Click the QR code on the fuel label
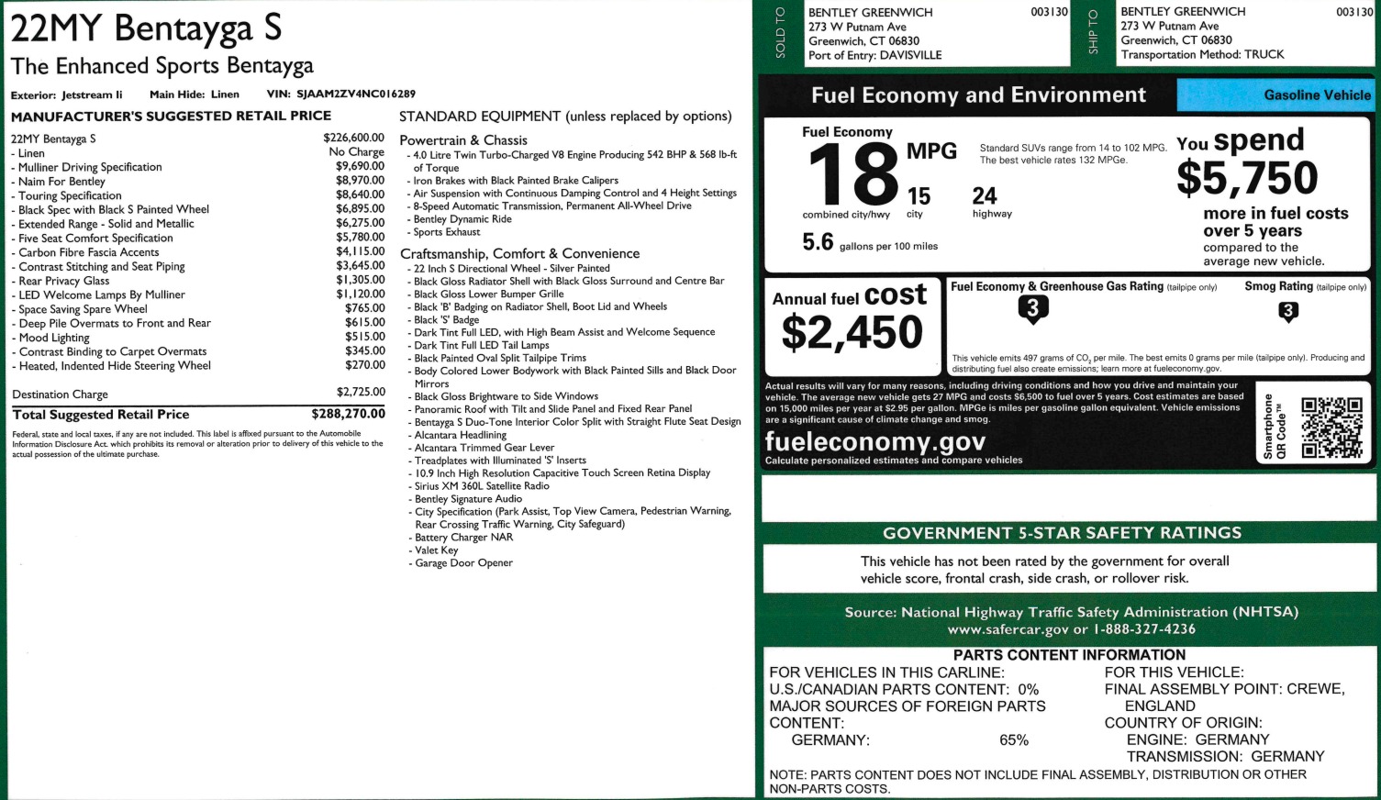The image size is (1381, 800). (1331, 427)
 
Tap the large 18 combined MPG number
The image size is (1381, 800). (852, 175)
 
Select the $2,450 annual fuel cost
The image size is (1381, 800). (852, 332)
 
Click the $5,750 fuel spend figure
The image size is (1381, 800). (1247, 178)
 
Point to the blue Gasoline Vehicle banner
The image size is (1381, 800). (1274, 94)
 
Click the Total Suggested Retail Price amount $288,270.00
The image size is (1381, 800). (348, 414)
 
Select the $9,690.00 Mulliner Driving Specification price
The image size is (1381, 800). (360, 167)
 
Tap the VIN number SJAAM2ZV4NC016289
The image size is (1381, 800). (355, 94)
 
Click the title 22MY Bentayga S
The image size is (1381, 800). (146, 28)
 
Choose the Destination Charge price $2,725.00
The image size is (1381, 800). (360, 393)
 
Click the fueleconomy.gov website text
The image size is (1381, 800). (874, 441)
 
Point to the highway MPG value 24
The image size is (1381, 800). (985, 195)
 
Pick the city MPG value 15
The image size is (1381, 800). (919, 196)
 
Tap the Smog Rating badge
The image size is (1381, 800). (1287, 312)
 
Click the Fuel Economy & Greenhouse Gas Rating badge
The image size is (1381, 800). (1032, 310)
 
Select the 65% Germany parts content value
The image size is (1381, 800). (1014, 740)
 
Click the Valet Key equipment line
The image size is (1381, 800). (436, 550)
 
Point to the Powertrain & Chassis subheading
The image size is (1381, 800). (463, 140)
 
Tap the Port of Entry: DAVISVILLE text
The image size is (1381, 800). (874, 55)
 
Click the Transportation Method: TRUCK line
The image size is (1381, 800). (1202, 54)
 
